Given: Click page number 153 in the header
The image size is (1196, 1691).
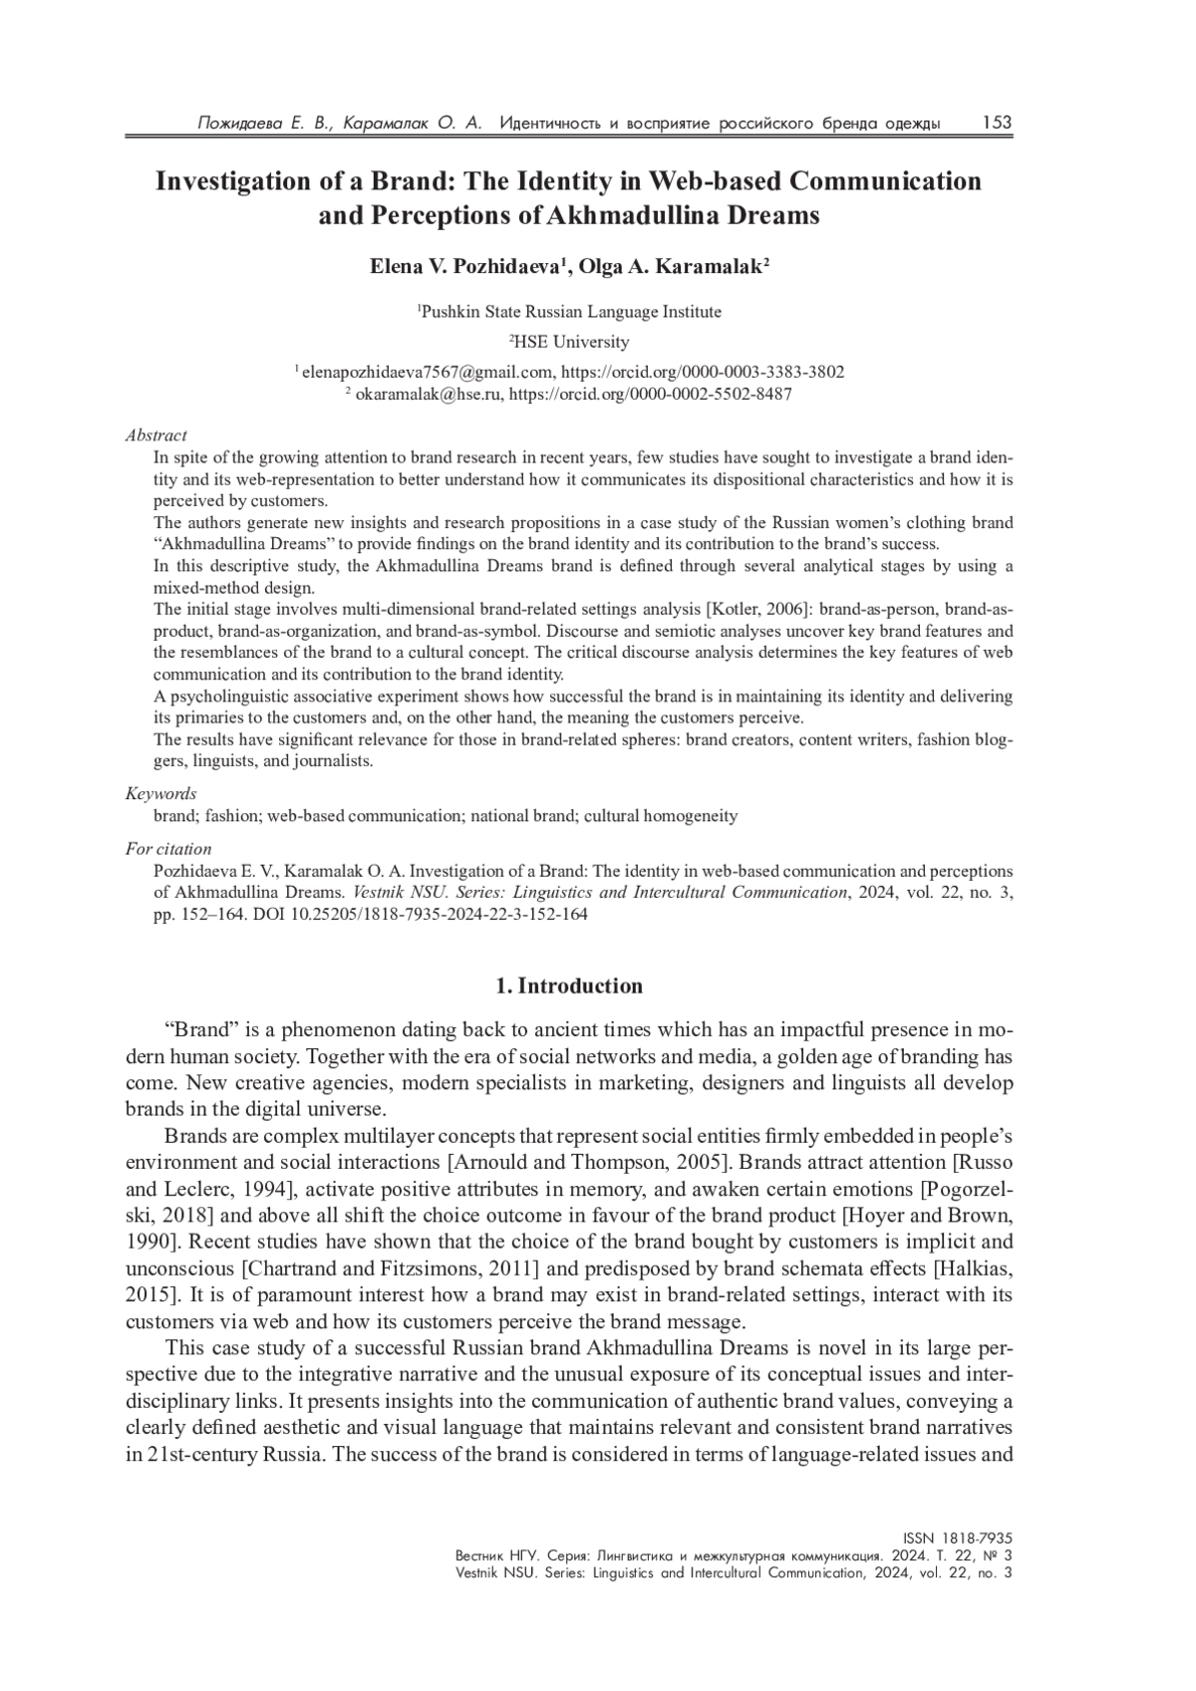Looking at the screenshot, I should click(996, 123).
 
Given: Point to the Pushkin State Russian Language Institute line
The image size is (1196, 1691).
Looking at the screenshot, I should click(569, 312).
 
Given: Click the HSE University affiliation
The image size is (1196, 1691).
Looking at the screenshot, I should click(570, 342).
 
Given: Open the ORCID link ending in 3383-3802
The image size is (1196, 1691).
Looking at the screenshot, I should click(703, 372).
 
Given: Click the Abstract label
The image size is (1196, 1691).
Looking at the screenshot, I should click(155, 435).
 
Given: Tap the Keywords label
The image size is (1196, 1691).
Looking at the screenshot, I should click(160, 794).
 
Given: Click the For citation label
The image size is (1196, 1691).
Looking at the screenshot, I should click(168, 849).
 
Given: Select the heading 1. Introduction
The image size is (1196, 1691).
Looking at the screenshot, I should click(569, 986).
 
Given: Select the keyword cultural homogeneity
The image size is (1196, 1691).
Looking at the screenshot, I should click(661, 816).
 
